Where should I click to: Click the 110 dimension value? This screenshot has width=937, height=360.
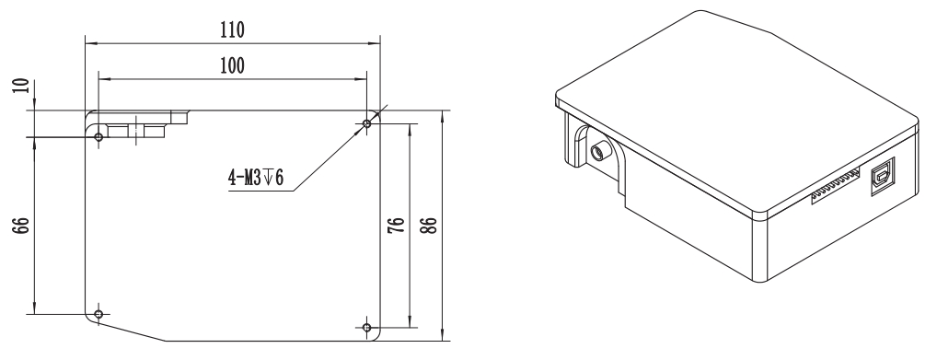coord(233,29)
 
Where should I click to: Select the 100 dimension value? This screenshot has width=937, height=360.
coord(232,65)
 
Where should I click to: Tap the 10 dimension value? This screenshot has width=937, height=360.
coord(21,85)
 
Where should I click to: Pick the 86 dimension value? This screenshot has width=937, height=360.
coord(429,225)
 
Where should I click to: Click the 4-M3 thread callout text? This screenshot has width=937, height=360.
coord(256,178)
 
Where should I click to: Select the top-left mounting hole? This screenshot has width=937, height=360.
coord(99,137)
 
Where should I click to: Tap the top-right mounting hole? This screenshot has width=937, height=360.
coord(367,123)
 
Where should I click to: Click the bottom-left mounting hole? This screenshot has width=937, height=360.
coord(99,314)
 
